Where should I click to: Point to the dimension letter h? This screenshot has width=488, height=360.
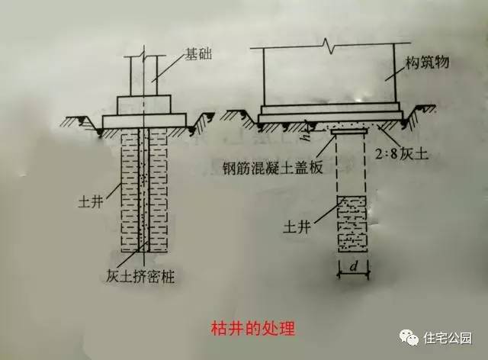(306, 139)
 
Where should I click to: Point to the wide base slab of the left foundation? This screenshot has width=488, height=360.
(144, 121)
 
